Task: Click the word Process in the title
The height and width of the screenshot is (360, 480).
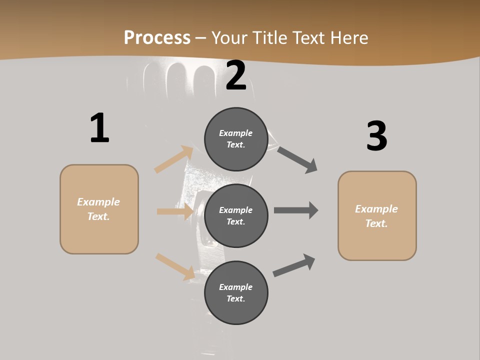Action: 157,38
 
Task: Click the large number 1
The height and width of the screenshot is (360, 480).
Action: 99,128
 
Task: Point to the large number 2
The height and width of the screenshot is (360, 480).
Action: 236,76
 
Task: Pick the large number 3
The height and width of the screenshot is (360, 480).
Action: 376,136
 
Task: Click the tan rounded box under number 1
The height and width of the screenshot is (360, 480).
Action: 99,209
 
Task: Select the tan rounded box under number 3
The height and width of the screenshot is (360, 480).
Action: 377,216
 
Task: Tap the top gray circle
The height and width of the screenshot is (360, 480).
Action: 236,139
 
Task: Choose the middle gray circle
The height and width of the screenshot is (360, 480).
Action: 236,215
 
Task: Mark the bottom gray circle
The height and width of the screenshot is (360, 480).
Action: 236,292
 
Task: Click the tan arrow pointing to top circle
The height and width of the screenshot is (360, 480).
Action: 174,159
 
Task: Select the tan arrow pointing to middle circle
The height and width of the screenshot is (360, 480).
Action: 175,211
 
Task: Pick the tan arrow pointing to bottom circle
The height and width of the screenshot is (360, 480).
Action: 175,266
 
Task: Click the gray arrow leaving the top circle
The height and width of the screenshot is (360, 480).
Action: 297,159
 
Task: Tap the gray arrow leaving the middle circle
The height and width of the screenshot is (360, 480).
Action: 296,210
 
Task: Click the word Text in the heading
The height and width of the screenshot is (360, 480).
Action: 308,38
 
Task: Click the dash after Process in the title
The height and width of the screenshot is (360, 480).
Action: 201,38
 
